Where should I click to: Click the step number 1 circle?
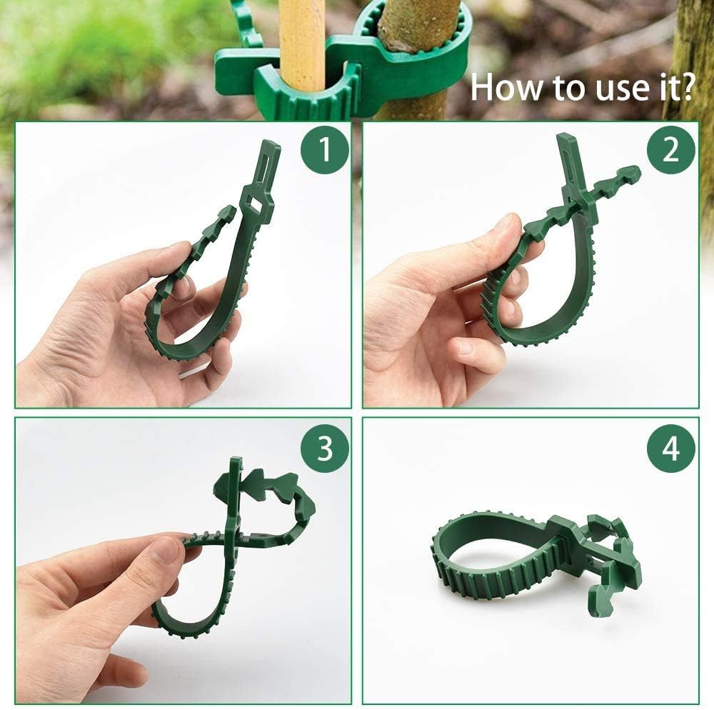(324, 151)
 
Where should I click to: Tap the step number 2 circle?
(671, 151)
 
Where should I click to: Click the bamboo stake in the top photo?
(302, 43)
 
